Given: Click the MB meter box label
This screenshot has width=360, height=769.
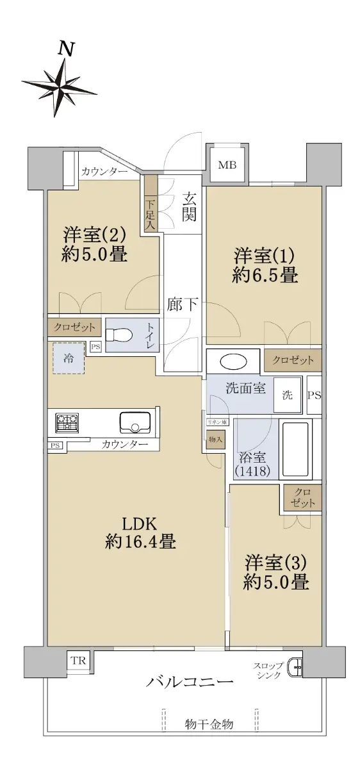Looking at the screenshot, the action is (227, 165).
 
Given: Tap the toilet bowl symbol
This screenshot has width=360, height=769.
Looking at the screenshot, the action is (119, 335).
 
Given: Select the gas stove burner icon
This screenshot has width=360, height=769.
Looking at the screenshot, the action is (67, 422).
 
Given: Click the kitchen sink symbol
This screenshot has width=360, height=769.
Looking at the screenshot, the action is (135, 422).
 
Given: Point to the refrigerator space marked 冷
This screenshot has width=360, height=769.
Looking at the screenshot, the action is (69, 358).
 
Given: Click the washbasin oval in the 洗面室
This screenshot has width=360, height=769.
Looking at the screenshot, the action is (233, 361).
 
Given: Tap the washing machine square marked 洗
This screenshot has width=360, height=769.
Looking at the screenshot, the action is (287, 395).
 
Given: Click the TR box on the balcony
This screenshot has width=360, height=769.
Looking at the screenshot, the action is (78, 660).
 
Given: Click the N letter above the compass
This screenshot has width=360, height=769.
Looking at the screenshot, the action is (66, 49).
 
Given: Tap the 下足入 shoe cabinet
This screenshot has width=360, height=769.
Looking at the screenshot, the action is (151, 204).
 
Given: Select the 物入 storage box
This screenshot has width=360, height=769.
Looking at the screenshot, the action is (215, 439).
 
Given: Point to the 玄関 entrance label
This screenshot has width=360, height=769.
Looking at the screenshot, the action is (189, 206).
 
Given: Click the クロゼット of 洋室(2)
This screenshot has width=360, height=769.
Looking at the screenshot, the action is (74, 327).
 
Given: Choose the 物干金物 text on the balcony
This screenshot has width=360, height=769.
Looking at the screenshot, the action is (209, 723).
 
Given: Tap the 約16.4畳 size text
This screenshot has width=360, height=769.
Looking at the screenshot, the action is (141, 542).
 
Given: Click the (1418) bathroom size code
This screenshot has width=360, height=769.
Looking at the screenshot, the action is (252, 471).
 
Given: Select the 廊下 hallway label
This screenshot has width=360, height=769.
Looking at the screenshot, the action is (182, 304).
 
